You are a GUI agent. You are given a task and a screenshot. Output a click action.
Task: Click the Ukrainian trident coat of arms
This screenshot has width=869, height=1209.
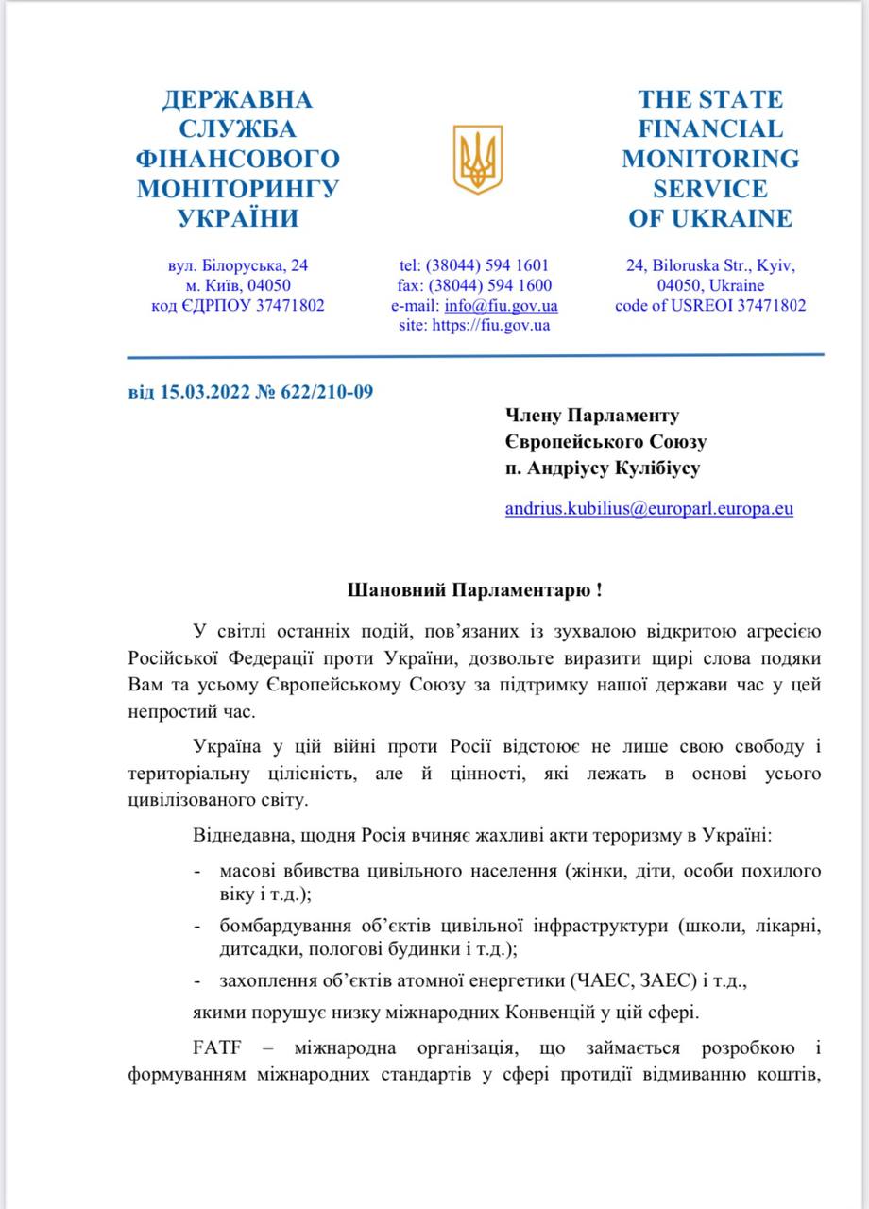(x=477, y=159)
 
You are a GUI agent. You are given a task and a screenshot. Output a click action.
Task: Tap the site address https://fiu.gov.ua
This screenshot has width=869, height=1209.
(x=490, y=326)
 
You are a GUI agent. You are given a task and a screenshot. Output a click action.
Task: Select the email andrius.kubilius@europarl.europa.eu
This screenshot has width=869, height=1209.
(x=649, y=509)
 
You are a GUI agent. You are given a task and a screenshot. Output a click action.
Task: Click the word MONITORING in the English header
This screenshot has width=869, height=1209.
(x=710, y=159)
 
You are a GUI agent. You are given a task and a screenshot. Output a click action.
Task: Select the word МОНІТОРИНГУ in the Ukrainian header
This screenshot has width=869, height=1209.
(x=238, y=189)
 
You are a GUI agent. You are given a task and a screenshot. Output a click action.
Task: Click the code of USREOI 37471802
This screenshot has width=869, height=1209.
(x=710, y=306)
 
